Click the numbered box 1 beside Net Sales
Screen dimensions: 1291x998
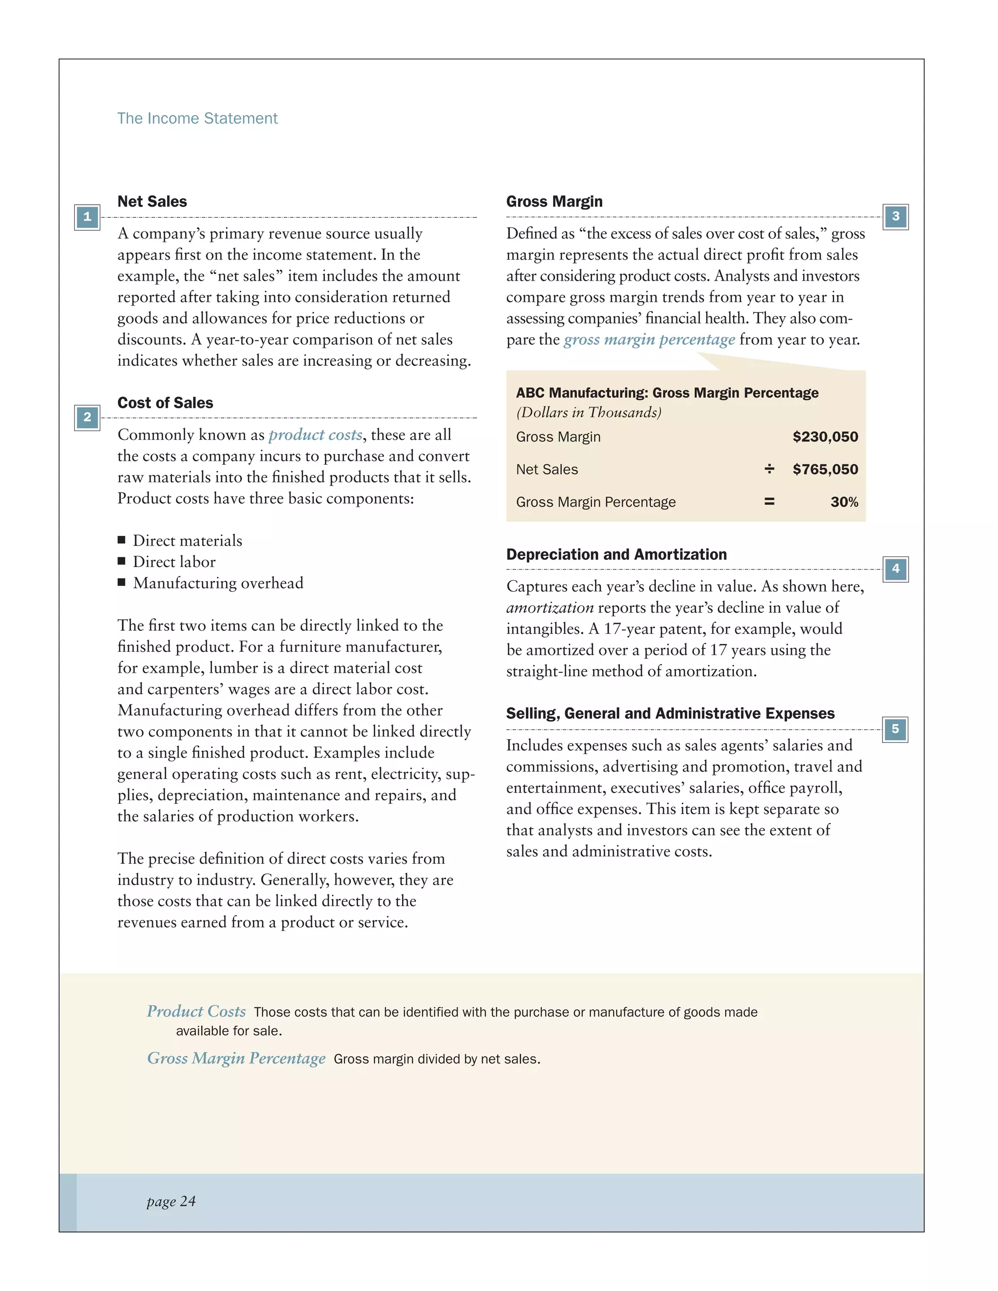87,217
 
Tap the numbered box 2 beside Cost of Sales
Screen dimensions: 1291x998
87,418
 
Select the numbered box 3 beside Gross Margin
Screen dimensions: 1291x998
895,217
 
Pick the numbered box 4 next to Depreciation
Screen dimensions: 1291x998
895,569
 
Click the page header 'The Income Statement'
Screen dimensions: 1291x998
197,118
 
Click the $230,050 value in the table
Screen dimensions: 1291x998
825,437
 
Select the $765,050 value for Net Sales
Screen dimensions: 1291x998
825,469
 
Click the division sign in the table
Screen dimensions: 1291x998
769,469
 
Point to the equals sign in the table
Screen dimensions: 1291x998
769,502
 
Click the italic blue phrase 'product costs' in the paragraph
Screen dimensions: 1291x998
315,435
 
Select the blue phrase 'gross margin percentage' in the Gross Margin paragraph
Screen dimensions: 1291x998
649,340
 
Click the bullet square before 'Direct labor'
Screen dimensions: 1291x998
122,561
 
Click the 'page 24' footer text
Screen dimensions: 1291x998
171,1201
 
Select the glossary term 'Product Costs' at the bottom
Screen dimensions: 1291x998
196,1011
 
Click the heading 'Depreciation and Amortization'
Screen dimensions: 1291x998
616,554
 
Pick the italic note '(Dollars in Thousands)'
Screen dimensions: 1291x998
588,413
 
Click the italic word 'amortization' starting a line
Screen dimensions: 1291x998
550,608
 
